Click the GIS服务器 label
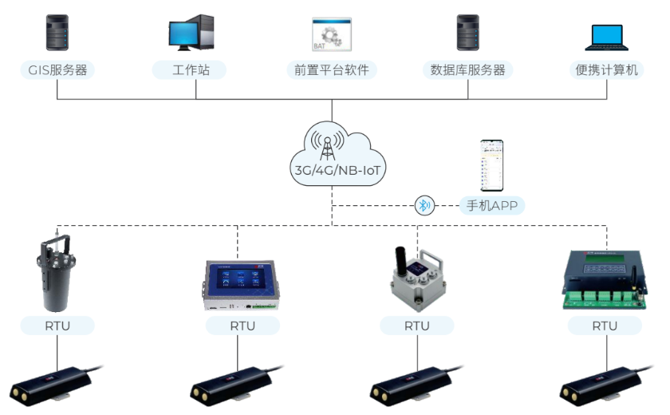pos(57,70)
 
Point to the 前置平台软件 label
pos(331,70)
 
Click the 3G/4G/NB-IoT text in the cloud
pos(331,169)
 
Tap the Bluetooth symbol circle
pos(424,206)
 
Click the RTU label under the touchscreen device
pos(242,326)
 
